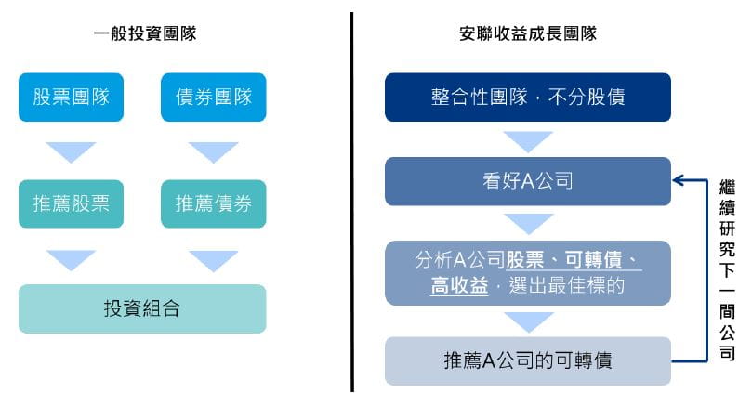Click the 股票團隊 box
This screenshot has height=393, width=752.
pos(71,97)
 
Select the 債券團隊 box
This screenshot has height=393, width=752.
pos(214,97)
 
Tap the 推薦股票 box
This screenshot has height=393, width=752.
pos(71,203)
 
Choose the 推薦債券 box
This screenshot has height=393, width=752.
pos(214,203)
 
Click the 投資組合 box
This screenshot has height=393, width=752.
pos(142,308)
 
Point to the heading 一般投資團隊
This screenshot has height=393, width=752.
pos(145,33)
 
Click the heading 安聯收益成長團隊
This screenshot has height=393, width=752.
pos(528,33)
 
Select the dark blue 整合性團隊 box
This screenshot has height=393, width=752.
pos(528,97)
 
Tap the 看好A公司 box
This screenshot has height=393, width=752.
pos(528,181)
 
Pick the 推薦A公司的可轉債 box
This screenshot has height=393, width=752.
pos(528,360)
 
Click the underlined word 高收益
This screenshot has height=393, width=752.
pos(459,285)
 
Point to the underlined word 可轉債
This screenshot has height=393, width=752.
pos(593,260)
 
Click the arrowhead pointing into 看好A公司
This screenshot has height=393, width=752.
pos(678,180)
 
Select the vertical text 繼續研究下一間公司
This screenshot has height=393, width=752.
pos(727,269)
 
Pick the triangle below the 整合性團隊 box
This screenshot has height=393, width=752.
pos(528,142)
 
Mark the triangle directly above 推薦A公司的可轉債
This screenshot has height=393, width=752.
pos(528,322)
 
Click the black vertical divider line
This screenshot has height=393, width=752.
pos(351,202)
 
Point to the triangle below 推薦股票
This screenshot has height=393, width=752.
pos(71,260)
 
